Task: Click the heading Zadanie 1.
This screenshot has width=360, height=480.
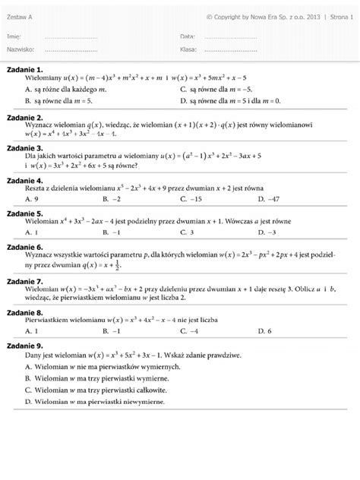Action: point(25,70)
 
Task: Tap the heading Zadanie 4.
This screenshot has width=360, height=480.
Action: point(25,180)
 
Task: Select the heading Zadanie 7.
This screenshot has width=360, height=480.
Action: point(25,281)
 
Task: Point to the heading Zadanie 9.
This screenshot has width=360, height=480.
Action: point(25,346)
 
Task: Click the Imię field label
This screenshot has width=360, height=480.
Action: point(14,36)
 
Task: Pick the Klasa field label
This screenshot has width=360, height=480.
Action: point(189,49)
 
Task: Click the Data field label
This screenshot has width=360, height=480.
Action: point(188,36)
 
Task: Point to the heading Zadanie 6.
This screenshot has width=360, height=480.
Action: point(25,248)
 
